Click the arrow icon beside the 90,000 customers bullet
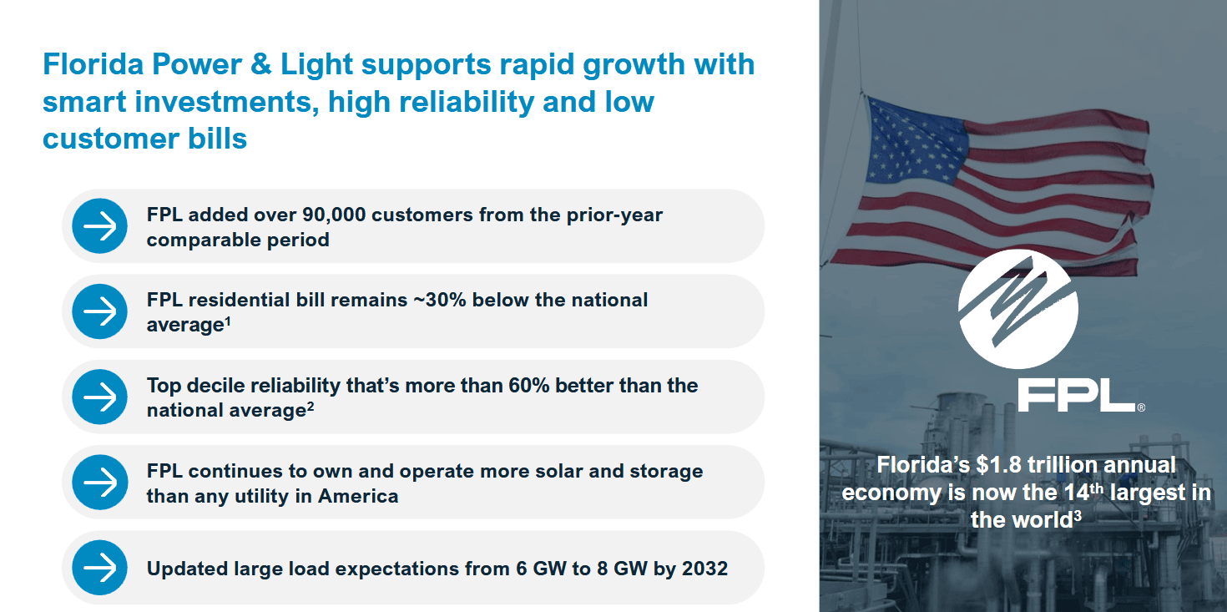[x=99, y=225]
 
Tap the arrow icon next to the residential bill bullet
[x=99, y=311]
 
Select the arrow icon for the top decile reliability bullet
[x=99, y=397]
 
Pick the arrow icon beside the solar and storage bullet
[x=99, y=482]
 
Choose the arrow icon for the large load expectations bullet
[x=99, y=568]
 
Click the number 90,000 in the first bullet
[x=334, y=215]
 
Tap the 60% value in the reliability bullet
[x=528, y=385]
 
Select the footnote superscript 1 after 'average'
[x=228, y=321]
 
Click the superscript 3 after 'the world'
[x=1078, y=515]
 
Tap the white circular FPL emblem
[x=1017, y=309]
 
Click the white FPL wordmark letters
[x=1077, y=395]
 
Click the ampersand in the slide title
[x=260, y=64]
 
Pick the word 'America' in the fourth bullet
[x=358, y=496]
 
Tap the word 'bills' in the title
[x=218, y=138]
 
